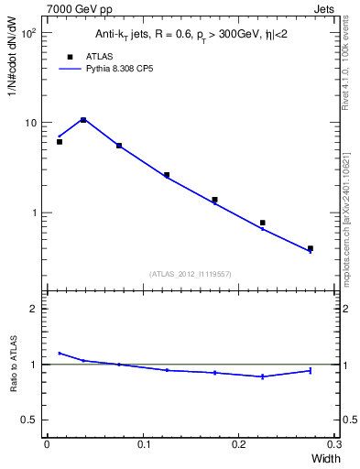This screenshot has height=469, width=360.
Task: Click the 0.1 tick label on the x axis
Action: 143,443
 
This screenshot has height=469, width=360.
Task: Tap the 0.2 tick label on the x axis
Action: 239,443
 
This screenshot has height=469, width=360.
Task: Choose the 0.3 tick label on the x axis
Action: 334,443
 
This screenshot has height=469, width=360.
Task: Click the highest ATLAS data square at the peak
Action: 83,120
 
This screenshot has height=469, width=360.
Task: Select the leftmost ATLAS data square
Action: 60,142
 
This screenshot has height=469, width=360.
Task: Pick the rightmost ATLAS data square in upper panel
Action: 311,248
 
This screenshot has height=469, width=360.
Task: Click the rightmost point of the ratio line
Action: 311,370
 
